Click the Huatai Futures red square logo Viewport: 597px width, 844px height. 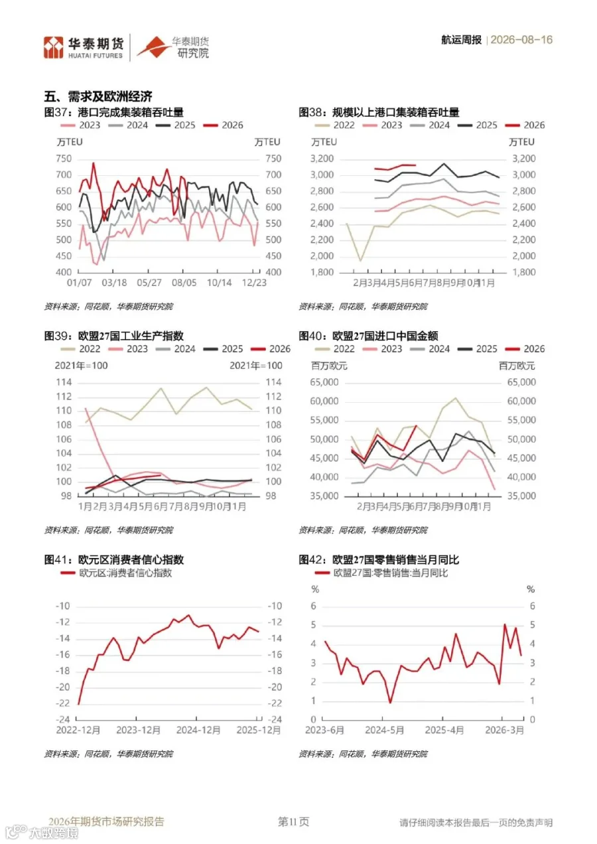[x=54, y=47]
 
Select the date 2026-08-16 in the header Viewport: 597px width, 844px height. [x=521, y=40]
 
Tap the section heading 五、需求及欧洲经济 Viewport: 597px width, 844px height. [x=98, y=96]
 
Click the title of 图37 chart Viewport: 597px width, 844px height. [x=113, y=112]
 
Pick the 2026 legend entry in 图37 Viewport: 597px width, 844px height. [x=224, y=125]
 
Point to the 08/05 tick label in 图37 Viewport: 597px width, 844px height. [x=184, y=283]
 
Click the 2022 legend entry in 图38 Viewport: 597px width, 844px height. [x=335, y=125]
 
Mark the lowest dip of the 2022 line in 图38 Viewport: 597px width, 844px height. [x=360, y=261]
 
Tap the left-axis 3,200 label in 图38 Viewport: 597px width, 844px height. [x=322, y=159]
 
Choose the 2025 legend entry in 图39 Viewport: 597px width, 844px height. [x=224, y=349]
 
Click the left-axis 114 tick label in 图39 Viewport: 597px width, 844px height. [x=64, y=382]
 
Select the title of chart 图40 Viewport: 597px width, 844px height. [x=368, y=336]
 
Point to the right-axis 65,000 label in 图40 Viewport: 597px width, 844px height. [x=521, y=382]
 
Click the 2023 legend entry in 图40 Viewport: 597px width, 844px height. [x=382, y=349]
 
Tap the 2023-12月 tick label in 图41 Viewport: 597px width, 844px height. [x=138, y=731]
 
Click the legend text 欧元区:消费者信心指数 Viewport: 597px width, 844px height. [x=125, y=573]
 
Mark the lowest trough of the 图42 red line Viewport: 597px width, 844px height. [x=390, y=702]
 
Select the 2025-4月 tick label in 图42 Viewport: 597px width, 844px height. [x=444, y=731]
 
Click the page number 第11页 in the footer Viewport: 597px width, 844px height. [x=294, y=821]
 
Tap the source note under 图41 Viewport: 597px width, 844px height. [x=109, y=754]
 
